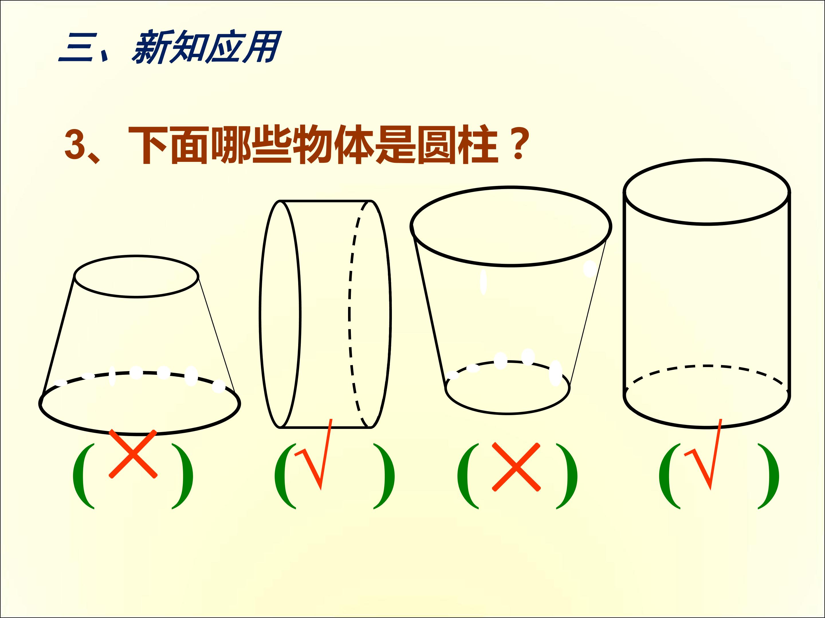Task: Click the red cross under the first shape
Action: (x=133, y=453)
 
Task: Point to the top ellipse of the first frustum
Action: (x=137, y=255)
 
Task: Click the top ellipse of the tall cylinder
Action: (x=707, y=160)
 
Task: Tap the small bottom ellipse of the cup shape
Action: (x=508, y=413)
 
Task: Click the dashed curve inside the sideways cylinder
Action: (x=349, y=314)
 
